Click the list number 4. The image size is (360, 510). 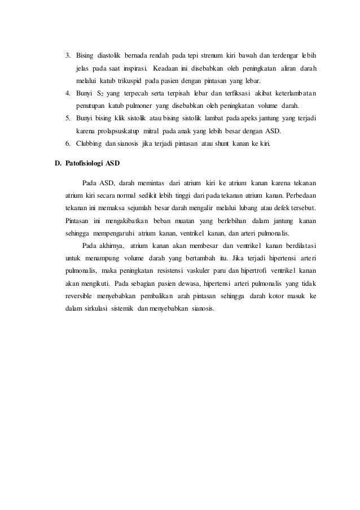click(67, 93)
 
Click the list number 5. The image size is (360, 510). click(67, 117)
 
